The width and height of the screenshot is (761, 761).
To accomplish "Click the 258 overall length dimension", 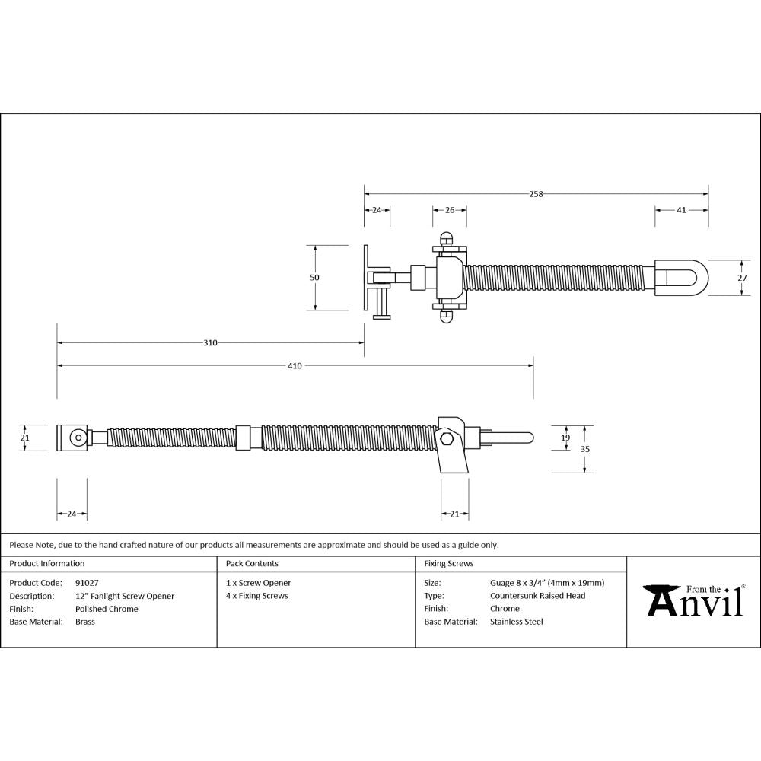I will (x=536, y=194).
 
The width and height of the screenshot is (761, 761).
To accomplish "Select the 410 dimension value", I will (x=295, y=366).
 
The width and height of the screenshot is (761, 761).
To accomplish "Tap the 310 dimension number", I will (x=210, y=343).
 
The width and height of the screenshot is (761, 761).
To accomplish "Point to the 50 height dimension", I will (x=314, y=278).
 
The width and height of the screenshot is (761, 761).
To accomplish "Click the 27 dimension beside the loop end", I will (x=743, y=278).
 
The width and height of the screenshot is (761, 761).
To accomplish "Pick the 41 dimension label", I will (x=681, y=210).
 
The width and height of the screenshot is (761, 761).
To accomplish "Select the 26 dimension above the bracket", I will (x=449, y=210).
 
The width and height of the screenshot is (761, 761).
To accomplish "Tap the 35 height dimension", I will (x=584, y=449).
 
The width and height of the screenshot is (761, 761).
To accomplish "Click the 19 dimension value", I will (x=565, y=438).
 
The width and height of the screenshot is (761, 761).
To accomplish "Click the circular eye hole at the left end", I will (x=77, y=438).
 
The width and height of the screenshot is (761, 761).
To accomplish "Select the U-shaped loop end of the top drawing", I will (x=683, y=278).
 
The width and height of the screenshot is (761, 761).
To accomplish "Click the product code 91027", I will (x=87, y=583).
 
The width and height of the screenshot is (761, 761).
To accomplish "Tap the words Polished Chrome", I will (x=107, y=609).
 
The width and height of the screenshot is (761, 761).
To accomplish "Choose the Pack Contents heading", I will (x=252, y=564).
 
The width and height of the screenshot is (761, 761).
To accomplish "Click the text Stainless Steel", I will (x=516, y=622).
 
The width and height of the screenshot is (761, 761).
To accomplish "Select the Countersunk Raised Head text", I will (x=537, y=596).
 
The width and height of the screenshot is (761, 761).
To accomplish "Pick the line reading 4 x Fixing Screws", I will (x=256, y=596).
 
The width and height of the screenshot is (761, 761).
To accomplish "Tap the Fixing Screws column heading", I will (x=448, y=564).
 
